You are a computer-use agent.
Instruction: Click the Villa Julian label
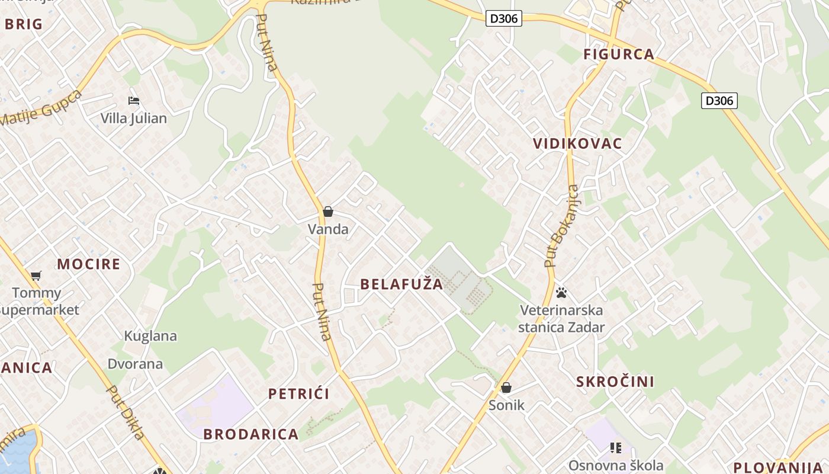(133, 118)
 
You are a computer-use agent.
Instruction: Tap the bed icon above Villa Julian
(134, 101)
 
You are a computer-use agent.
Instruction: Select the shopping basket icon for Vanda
(328, 212)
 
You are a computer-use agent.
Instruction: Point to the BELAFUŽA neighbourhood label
(401, 284)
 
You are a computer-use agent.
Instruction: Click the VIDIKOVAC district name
(577, 143)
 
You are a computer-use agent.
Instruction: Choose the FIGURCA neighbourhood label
(619, 55)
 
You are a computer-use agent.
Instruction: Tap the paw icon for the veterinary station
(561, 293)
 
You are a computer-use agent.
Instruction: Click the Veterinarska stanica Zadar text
(561, 319)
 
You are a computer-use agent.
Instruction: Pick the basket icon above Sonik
(506, 387)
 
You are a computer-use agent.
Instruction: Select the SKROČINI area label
(615, 382)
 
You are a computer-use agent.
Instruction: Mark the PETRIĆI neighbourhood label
(298, 394)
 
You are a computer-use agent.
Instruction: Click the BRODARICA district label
(251, 434)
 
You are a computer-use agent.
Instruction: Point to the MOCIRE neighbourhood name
(89, 264)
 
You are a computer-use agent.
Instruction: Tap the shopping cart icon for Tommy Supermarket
(36, 276)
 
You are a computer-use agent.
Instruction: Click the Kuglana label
(150, 336)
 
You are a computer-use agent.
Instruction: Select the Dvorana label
(135, 364)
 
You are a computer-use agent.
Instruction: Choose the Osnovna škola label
(616, 465)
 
